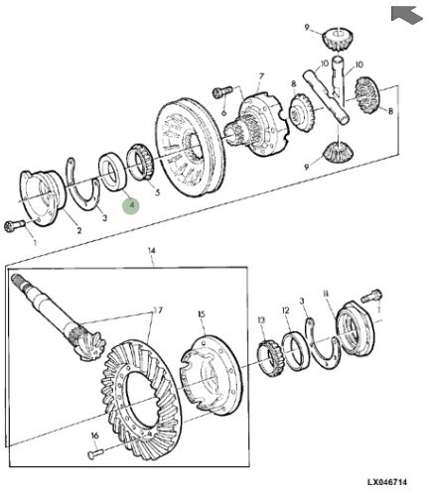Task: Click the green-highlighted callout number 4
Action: coord(131,205)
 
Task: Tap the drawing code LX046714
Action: coord(386,482)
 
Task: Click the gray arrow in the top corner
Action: coord(406,14)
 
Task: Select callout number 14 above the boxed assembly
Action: coord(151,251)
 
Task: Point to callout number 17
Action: coord(158,310)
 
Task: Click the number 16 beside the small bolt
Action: coord(94,435)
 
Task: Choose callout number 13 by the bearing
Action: coord(261,319)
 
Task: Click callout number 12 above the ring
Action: coord(286,310)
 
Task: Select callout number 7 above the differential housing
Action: coord(261,76)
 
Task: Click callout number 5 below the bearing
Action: coord(157,192)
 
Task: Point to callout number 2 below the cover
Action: coord(79,230)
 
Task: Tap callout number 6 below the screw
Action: coord(223,112)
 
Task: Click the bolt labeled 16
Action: coord(95,453)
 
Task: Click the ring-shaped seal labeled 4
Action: coord(112,172)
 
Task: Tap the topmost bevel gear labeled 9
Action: coord(337,40)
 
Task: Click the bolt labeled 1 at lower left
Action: coord(15,225)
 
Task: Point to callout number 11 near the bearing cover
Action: coord(326,294)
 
